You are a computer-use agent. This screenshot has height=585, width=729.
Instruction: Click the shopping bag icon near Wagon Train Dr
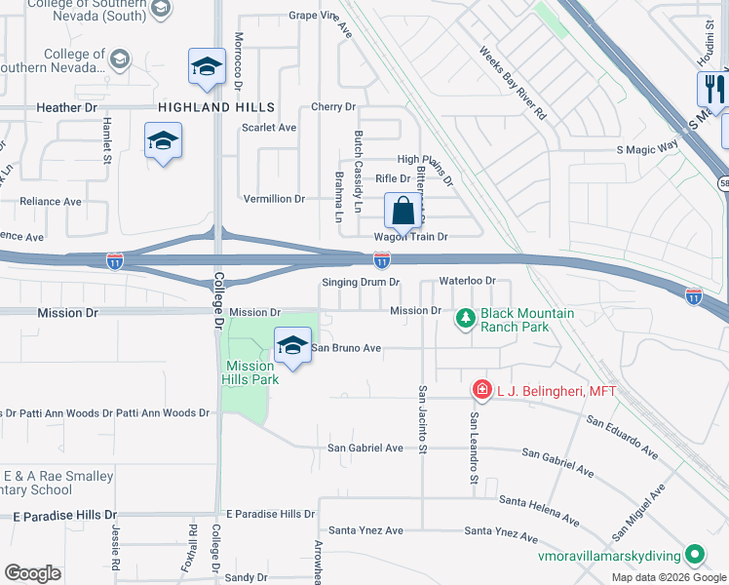pos(403,211)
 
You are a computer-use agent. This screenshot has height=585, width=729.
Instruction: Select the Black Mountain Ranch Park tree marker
pos(466,318)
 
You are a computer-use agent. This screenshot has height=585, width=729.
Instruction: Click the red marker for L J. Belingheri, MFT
pos(481,390)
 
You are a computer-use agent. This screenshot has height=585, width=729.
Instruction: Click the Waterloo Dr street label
pos(468,281)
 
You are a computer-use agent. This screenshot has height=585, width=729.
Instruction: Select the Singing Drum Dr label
pos(362,283)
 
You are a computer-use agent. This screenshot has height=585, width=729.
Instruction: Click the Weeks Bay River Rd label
pos(513,83)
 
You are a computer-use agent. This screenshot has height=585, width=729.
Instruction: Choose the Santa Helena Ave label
pos(533,500)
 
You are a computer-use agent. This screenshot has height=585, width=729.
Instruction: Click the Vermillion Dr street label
pos(274,199)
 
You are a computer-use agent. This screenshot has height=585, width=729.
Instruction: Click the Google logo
pos(33,573)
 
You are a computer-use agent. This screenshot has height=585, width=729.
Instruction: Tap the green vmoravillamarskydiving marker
pos(694,555)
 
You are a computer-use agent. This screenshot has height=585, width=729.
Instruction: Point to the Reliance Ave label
pos(51,202)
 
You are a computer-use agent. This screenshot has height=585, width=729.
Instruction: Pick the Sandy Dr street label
pos(246,577)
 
